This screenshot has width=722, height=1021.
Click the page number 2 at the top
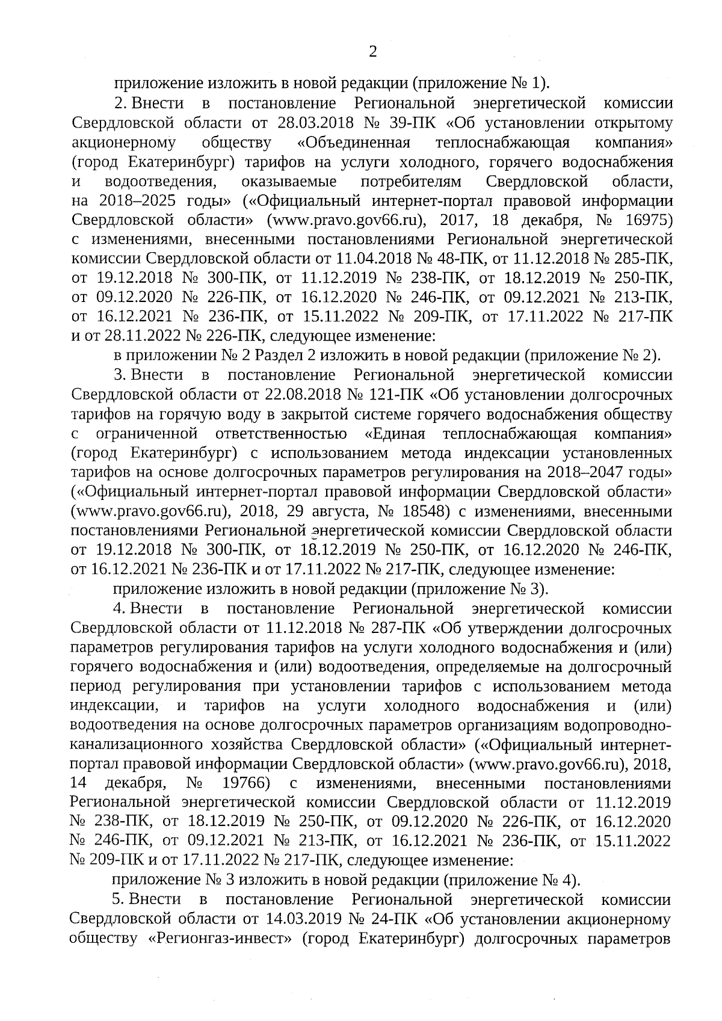tap(372, 52)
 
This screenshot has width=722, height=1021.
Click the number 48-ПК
tap(459, 258)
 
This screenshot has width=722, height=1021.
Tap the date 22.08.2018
tap(301, 395)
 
